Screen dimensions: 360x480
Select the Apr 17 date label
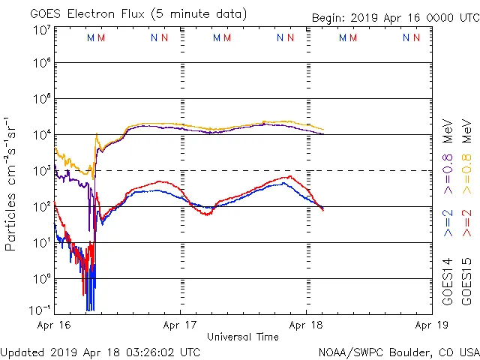pos(180,325)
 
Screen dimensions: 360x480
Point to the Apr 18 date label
pos(306,325)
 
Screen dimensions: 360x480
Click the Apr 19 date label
pos(431,325)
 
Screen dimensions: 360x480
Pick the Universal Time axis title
pos(242,337)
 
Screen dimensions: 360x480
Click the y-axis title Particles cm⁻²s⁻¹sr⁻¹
pos(11,183)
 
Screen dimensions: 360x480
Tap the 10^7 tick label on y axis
pos(41,30)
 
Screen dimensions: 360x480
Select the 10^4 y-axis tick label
pos(41,134)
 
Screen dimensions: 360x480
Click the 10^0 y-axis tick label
pos(41,278)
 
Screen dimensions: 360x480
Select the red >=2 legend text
pos(466,222)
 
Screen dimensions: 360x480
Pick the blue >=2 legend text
pos(448,222)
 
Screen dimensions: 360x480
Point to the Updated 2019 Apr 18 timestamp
pos(100,351)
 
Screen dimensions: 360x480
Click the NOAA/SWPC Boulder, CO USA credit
pos(398,351)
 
